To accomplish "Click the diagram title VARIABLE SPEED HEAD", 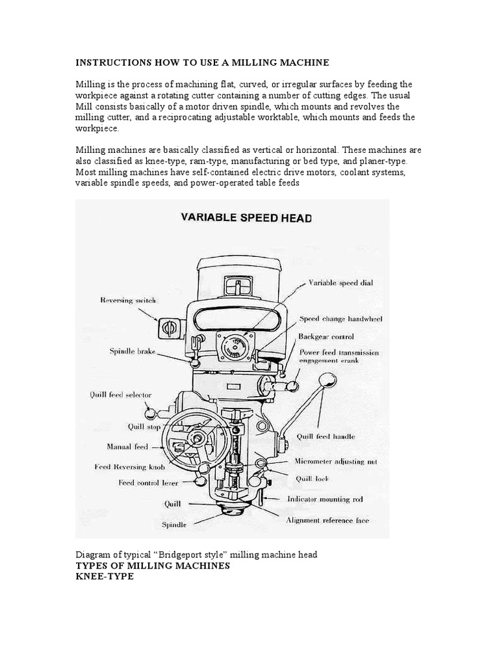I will [x=246, y=218].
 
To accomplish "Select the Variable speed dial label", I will [x=340, y=283].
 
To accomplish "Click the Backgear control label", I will [x=326, y=336].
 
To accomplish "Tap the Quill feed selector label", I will [x=121, y=394].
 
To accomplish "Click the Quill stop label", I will [x=144, y=427].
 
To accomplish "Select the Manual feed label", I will [x=127, y=447].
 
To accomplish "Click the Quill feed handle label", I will [x=326, y=436].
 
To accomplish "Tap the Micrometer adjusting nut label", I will [x=335, y=461].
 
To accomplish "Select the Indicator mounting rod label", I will [x=326, y=499].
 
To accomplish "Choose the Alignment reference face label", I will [x=329, y=520].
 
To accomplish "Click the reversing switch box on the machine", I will [x=168, y=328].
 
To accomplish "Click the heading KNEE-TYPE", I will [x=105, y=577].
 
